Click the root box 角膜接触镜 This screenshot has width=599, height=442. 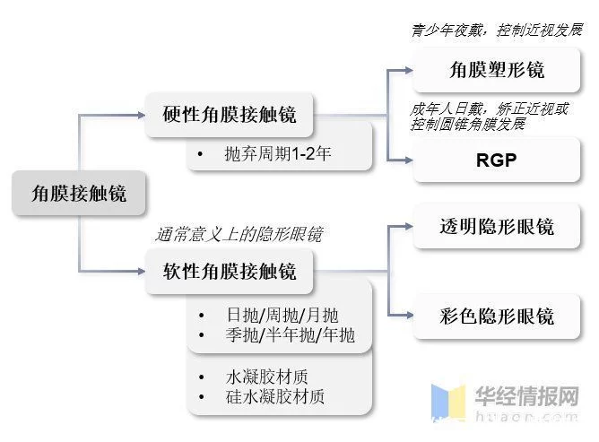pyautogui.click(x=79, y=193)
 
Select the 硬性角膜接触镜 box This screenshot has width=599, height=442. pyautogui.click(x=230, y=115)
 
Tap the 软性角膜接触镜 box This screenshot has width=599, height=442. pyautogui.click(x=230, y=271)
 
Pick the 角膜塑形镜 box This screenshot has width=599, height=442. pyautogui.click(x=496, y=70)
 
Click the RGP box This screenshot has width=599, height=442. pyautogui.click(x=496, y=160)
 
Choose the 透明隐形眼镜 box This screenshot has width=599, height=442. pyautogui.click(x=496, y=226)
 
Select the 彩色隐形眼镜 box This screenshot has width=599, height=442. pyautogui.click(x=496, y=316)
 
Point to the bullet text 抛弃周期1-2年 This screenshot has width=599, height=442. pyautogui.click(x=278, y=153)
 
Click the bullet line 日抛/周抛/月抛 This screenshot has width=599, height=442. pyautogui.click(x=282, y=316)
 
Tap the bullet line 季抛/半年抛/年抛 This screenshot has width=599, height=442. pyautogui.click(x=290, y=336)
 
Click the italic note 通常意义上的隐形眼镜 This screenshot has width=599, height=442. pyautogui.click(x=239, y=235)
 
